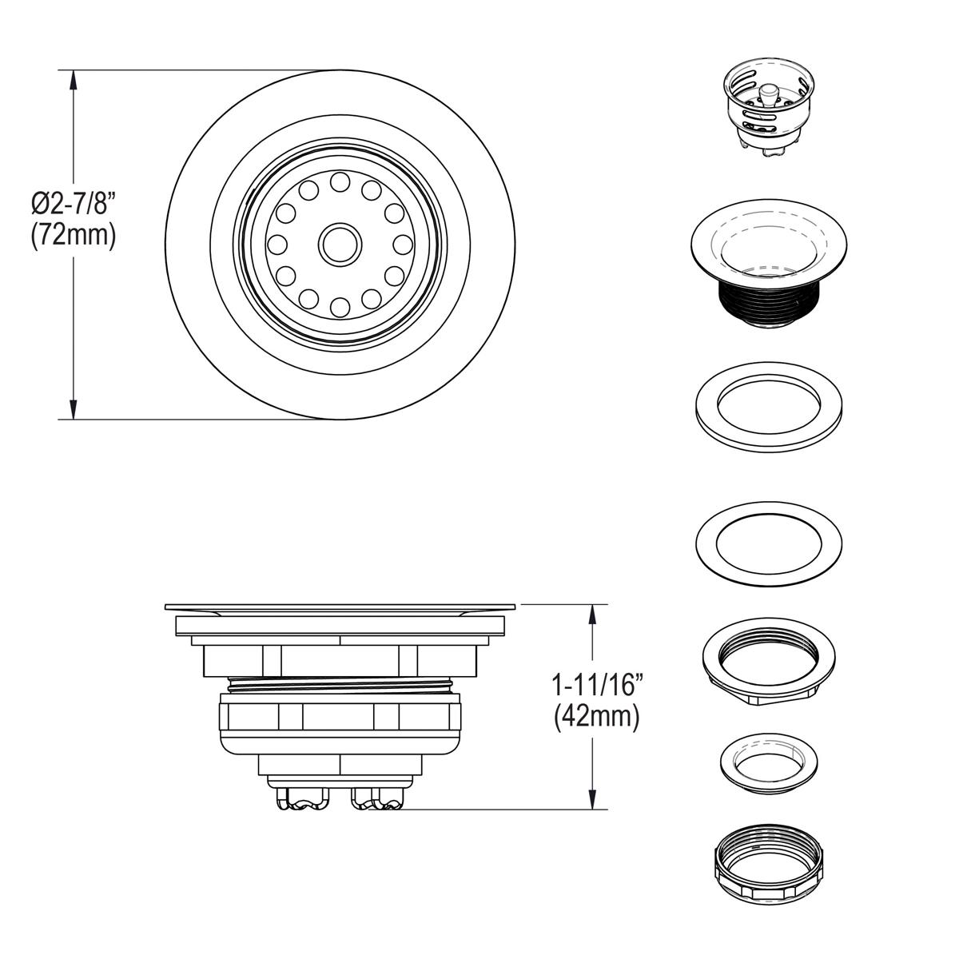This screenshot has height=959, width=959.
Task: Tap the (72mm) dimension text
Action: pyautogui.click(x=74, y=235)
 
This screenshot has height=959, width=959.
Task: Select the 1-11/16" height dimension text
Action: pyautogui.click(x=595, y=686)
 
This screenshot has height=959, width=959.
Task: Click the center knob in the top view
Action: pyautogui.click(x=340, y=245)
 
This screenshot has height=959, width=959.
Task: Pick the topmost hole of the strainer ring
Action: pyautogui.click(x=340, y=181)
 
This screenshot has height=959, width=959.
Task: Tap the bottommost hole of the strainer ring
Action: pyautogui.click(x=340, y=307)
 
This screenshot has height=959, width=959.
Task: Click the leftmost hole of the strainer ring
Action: pyautogui.click(x=277, y=245)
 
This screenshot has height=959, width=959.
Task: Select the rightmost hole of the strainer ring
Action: pyautogui.click(x=403, y=245)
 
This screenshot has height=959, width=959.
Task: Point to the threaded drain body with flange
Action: pyautogui.click(x=768, y=264)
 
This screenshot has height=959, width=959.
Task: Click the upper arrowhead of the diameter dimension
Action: pyautogui.click(x=74, y=80)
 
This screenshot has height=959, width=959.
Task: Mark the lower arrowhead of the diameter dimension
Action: pyautogui.click(x=74, y=408)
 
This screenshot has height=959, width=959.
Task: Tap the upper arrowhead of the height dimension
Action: pyautogui.click(x=591, y=615)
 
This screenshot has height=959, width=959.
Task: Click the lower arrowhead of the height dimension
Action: pyautogui.click(x=591, y=799)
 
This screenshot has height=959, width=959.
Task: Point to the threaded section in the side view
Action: pyautogui.click(x=340, y=685)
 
